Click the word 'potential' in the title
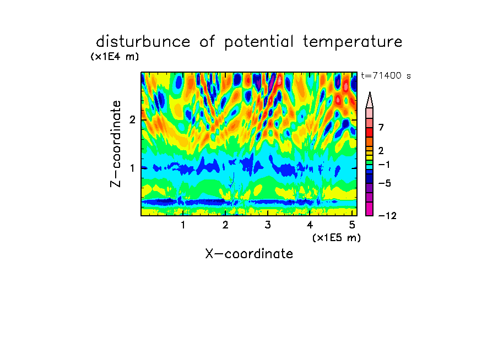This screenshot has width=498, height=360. click(x=259, y=42)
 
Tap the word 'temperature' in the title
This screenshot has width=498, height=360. click(x=353, y=42)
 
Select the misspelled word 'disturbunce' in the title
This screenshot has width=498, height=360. click(x=143, y=41)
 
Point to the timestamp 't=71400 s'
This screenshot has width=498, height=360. click(x=386, y=75)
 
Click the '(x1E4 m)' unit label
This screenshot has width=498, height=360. click(x=115, y=57)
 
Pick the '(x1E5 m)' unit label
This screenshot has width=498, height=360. click(x=337, y=237)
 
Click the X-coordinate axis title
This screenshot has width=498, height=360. click(x=249, y=254)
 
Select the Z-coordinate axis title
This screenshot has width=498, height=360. click(x=116, y=144)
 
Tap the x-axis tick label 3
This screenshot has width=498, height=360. click(x=268, y=225)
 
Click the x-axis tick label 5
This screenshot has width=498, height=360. click(x=352, y=225)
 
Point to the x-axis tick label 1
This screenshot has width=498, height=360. click(x=183, y=225)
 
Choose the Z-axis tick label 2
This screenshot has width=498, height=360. click(x=132, y=119)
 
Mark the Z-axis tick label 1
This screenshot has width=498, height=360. click(x=132, y=168)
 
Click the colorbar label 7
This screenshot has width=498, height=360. click(x=381, y=127)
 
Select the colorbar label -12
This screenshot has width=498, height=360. click(x=387, y=216)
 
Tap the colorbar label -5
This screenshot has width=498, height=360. click(x=385, y=183)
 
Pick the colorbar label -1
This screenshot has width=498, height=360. click(x=385, y=165)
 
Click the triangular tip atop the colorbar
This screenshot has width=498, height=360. click(x=370, y=92)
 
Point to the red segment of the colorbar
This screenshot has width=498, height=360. click(x=370, y=132)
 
